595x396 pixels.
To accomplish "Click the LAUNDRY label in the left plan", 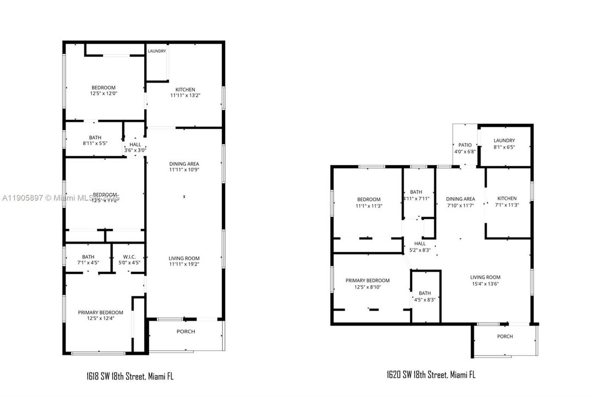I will point(156,51).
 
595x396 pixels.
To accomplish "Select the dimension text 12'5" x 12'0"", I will point(103,94).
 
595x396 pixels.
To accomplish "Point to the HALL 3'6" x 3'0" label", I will point(134,147).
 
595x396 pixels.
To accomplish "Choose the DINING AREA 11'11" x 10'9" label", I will point(184,167).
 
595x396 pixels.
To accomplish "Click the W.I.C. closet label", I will point(129,260).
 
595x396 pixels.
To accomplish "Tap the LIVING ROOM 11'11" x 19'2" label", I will point(184,261).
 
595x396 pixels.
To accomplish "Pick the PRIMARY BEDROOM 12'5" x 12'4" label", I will point(100,315).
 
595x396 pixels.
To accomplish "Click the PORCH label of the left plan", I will point(185,332).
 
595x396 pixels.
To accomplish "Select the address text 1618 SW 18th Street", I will point(130,377).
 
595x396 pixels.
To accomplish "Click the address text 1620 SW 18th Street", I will point(431,375).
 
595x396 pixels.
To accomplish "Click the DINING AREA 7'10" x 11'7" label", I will point(461,202).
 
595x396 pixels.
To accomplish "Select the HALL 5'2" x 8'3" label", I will point(420,247).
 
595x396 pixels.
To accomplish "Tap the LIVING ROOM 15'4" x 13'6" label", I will point(485,280).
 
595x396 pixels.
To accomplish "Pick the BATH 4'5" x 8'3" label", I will point(424,296).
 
